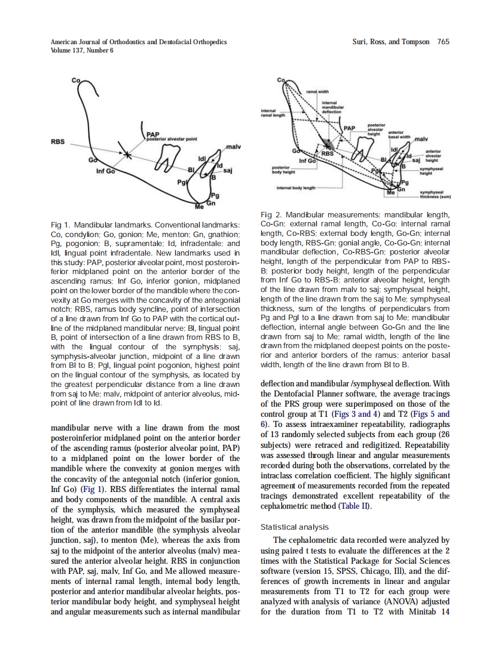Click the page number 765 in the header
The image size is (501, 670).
(x=443, y=42)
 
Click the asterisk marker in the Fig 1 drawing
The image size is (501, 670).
(x=127, y=155)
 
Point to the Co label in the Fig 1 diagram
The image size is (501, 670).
(x=76, y=79)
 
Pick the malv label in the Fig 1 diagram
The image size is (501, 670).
(x=234, y=146)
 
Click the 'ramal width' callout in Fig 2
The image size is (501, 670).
(x=318, y=91)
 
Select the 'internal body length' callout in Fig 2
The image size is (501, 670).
(x=295, y=188)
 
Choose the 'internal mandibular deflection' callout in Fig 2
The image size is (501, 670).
(x=332, y=107)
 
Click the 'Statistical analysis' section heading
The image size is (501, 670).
(x=295, y=527)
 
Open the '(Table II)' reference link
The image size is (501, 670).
(x=354, y=506)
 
